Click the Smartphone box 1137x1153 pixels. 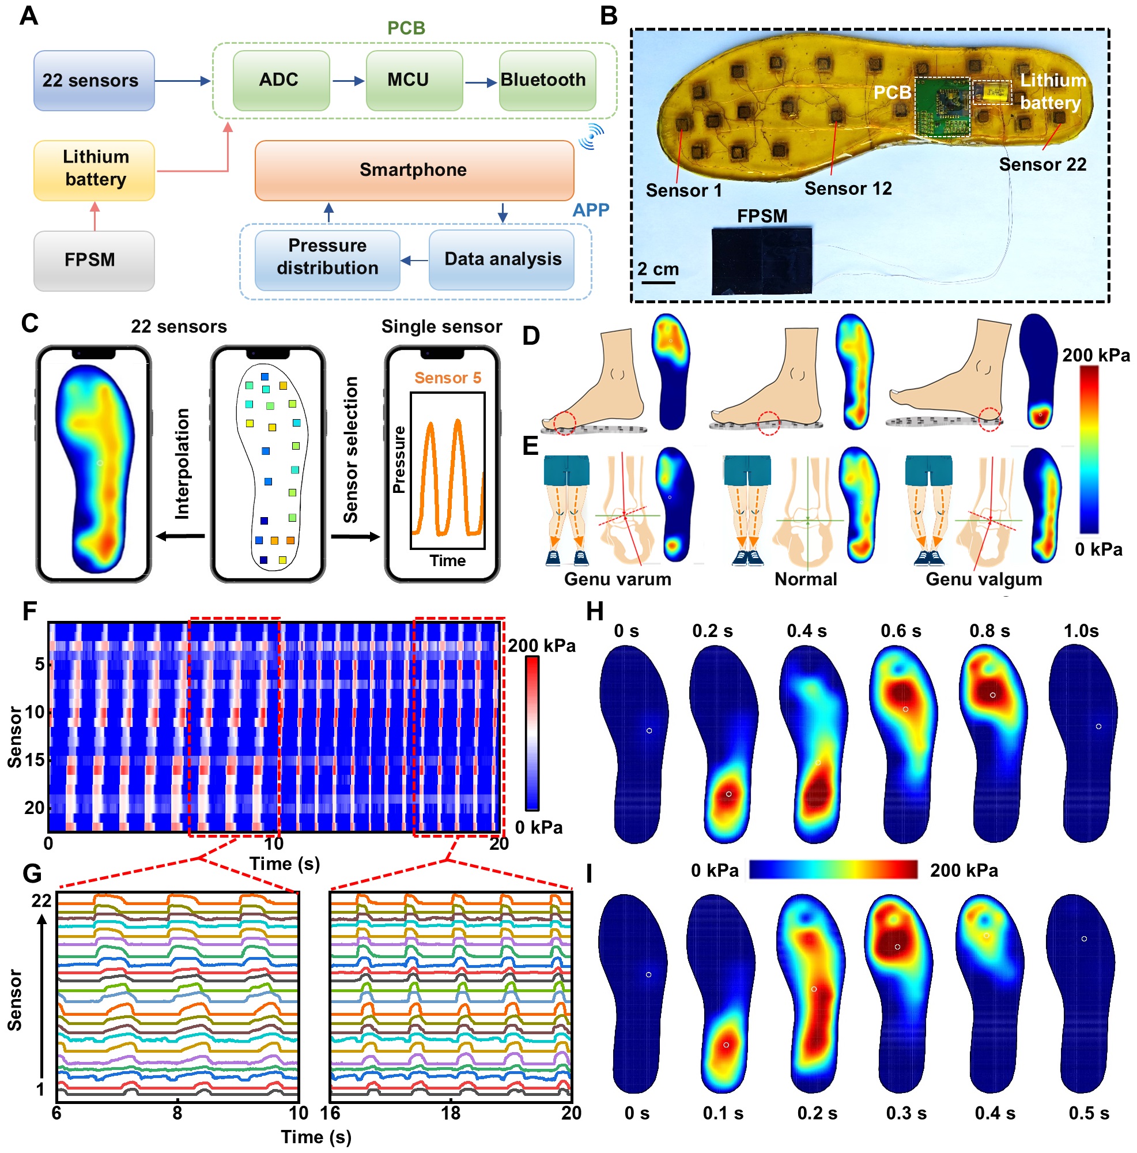coord(414,170)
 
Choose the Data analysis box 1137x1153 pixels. coord(503,259)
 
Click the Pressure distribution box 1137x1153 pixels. coord(327,257)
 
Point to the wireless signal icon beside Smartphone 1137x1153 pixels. coord(591,137)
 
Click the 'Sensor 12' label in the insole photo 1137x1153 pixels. coord(848,189)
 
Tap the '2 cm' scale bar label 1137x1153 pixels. coord(658,269)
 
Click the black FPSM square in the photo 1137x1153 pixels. coord(762,261)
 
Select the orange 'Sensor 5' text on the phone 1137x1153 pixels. coord(447,378)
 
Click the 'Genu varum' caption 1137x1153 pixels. coord(618,579)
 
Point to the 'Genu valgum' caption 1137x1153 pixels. coord(984,579)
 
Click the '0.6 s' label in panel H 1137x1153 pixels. coord(901,631)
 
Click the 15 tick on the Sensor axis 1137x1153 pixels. coord(35,760)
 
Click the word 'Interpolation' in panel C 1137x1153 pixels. coord(182,464)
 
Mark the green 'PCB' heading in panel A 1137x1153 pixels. coord(406,28)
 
